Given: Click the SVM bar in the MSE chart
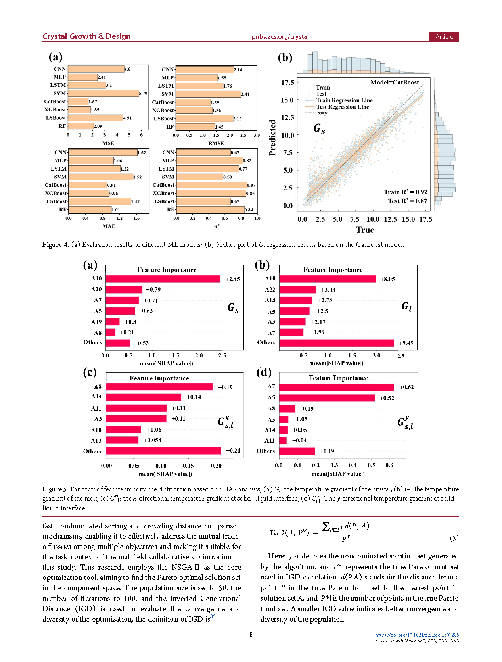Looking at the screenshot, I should (x=103, y=93).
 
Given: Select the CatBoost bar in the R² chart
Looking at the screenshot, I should (x=211, y=185).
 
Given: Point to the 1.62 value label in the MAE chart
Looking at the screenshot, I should (x=142, y=153).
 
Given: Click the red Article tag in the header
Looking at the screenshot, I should (x=444, y=36).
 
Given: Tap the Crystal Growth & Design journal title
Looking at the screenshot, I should (x=86, y=36).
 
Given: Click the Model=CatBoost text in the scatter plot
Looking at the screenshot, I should (x=394, y=83).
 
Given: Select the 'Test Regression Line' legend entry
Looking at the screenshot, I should (x=342, y=107).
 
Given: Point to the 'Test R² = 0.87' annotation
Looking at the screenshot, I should (x=407, y=201).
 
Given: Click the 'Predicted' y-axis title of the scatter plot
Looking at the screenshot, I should (x=272, y=138).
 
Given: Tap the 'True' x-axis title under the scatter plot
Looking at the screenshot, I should (x=365, y=230).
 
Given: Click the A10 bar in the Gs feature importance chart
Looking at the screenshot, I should (x=163, y=279).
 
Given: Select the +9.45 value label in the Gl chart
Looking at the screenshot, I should (x=406, y=343).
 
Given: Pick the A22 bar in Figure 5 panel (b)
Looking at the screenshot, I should (x=297, y=290).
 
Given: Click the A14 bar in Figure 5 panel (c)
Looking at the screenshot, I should (x=144, y=397).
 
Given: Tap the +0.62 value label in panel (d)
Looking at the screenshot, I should (x=406, y=387).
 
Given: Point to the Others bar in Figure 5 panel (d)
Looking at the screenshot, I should (x=297, y=451).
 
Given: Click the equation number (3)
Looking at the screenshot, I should (x=454, y=538).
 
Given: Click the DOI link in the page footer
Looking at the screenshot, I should (x=417, y=635).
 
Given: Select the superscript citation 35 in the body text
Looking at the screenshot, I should (x=213, y=616).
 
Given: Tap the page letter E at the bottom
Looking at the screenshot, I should (x=251, y=635).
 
